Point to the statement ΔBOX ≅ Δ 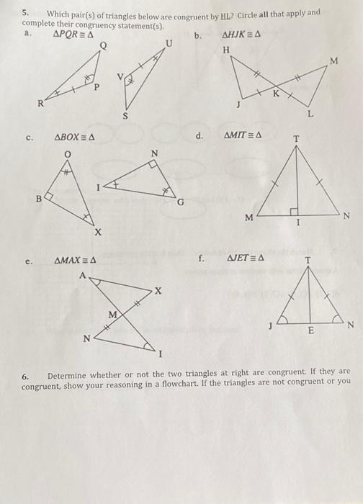click(76, 135)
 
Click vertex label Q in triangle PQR click(103, 46)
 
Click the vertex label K click(274, 93)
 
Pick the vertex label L click(311, 114)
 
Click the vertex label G click(181, 203)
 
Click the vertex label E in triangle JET click(310, 332)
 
